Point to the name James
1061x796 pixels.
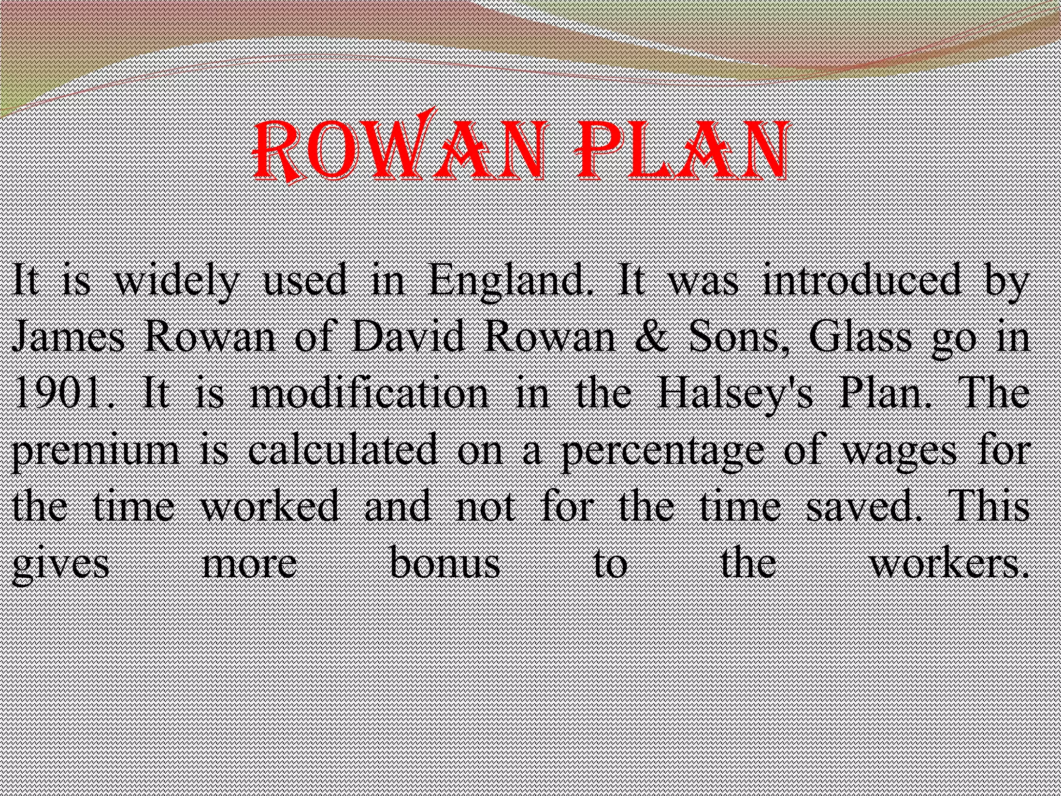click(x=68, y=337)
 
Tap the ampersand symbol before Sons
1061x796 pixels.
click(x=654, y=337)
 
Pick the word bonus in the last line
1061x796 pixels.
click(x=445, y=563)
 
